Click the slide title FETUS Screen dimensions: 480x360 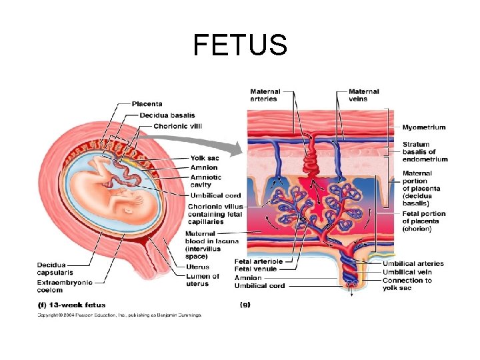[240, 45]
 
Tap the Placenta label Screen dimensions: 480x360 [147, 103]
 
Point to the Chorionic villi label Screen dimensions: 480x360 [177, 126]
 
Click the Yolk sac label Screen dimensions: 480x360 [203, 158]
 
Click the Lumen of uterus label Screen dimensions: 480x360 [203, 280]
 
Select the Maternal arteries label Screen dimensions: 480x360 [265, 95]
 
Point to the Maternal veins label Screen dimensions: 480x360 [364, 95]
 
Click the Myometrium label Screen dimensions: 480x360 [423, 127]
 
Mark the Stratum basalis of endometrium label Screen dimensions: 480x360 [425, 151]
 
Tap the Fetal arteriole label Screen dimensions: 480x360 [265, 261]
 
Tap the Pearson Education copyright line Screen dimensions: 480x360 [118, 315]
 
